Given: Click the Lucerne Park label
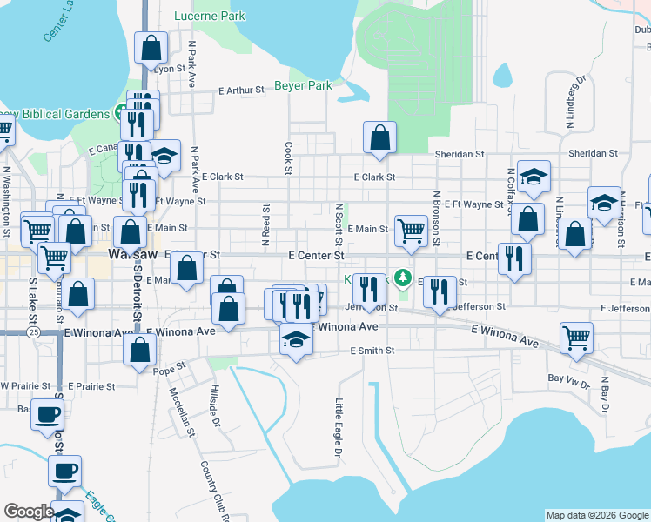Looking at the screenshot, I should [x=210, y=16].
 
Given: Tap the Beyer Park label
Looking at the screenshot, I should [x=304, y=86].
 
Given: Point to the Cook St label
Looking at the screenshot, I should [x=287, y=157].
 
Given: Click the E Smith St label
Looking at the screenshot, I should [x=372, y=351].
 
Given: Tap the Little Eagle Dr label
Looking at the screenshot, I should [x=339, y=427].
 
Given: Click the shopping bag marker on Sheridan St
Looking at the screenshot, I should [x=379, y=137].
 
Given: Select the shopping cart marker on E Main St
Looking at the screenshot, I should [x=411, y=231].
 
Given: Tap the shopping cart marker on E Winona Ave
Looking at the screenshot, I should [x=576, y=338].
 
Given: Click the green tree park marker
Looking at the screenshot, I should [x=402, y=278].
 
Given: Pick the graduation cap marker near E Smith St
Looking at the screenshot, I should [x=296, y=339].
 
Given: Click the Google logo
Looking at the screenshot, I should [x=29, y=512].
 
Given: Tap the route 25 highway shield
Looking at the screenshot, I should [x=32, y=332].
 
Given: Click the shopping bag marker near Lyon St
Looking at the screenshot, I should [x=151, y=47].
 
